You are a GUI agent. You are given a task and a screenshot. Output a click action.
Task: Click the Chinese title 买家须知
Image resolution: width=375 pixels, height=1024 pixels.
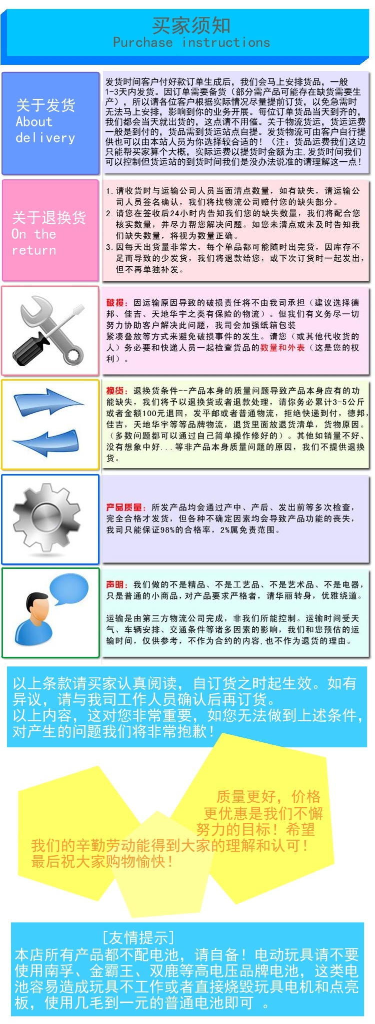pyautogui.click(x=191, y=25)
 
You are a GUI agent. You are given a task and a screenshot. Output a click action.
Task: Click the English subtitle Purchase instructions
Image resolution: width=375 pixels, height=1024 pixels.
pyautogui.click(x=191, y=43)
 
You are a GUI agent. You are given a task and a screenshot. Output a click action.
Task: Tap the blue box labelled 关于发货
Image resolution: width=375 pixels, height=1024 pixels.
pyautogui.click(x=50, y=122)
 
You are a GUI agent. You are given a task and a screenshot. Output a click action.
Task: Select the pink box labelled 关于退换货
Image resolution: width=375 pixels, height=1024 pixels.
pyautogui.click(x=50, y=230)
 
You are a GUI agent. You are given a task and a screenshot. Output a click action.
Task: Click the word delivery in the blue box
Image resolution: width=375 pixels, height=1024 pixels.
pyautogui.click(x=45, y=138)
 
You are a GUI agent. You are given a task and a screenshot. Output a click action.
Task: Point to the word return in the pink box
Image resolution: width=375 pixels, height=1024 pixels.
pyautogui.click(x=34, y=250)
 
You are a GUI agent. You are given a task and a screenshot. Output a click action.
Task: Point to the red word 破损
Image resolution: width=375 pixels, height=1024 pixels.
pyautogui.click(x=115, y=303)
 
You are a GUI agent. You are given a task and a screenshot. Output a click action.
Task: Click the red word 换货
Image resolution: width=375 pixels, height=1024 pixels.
pyautogui.click(x=115, y=391)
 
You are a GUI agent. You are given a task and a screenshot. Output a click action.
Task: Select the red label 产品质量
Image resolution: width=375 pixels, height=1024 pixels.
pyautogui.click(x=124, y=508)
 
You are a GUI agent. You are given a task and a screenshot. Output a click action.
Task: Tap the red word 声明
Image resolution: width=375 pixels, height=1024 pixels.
pyautogui.click(x=115, y=584)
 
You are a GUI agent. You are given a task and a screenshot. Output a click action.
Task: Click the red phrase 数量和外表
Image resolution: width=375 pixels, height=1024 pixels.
pyautogui.click(x=283, y=348)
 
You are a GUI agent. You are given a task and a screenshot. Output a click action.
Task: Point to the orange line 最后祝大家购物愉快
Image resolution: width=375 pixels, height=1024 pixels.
pyautogui.click(x=102, y=862)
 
